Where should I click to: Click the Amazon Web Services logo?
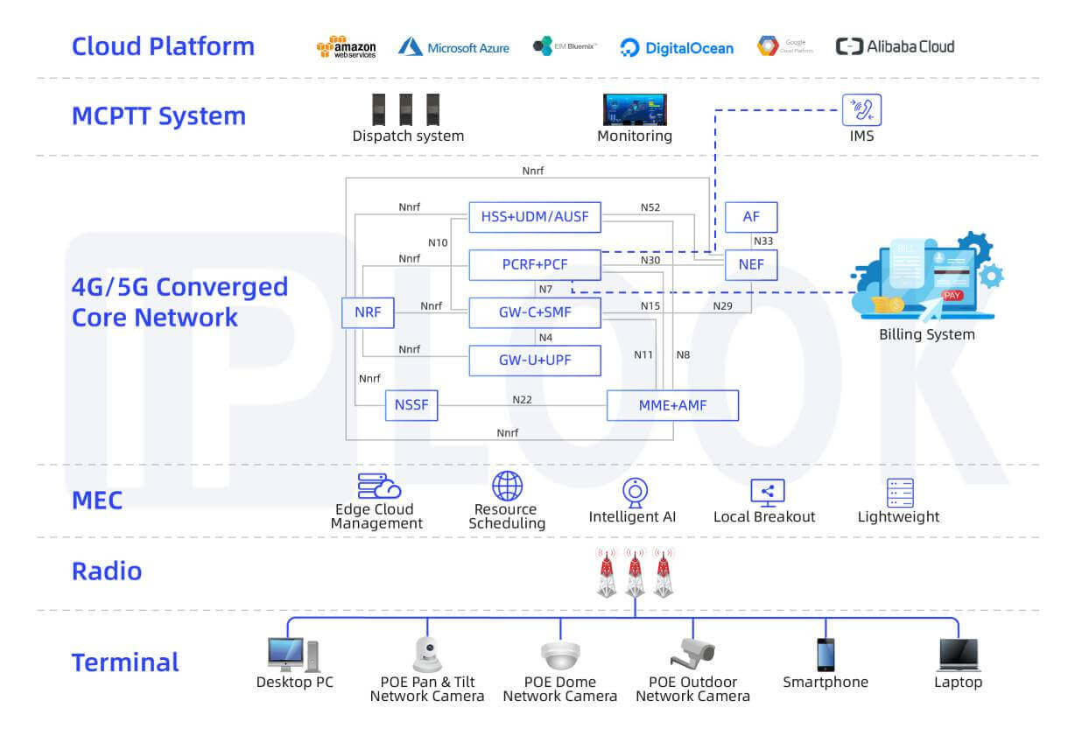[x=346, y=47]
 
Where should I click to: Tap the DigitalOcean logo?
[x=677, y=47]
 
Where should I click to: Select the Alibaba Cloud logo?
[x=895, y=46]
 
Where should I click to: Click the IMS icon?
[x=861, y=111]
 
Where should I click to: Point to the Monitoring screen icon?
[x=635, y=109]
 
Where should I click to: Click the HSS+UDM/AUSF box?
[x=535, y=216]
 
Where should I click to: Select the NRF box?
[x=368, y=312]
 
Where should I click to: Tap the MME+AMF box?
[x=672, y=405]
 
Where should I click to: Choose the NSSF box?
[x=411, y=405]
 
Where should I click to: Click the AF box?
[x=751, y=216]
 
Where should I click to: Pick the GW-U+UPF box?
[x=535, y=360]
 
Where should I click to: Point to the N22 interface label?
[x=522, y=399]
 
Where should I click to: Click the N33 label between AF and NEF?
[x=762, y=241]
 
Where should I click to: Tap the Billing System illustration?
[x=928, y=276]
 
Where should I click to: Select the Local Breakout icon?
[x=768, y=492]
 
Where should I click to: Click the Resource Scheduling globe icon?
[x=507, y=486]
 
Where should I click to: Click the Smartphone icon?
[x=826, y=654]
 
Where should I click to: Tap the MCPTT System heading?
[x=158, y=116]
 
